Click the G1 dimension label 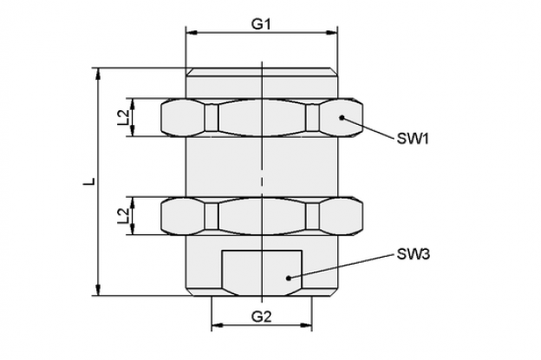click(x=261, y=25)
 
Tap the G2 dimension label click(x=261, y=316)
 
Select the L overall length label click(x=89, y=181)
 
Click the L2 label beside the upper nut click(x=123, y=117)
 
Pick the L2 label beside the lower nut click(x=123, y=216)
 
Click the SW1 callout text click(x=413, y=139)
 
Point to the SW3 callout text click(x=413, y=254)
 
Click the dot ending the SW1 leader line click(x=342, y=118)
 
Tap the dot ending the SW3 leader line click(x=289, y=278)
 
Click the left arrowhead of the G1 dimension click(x=192, y=33)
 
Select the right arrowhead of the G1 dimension click(x=331, y=33)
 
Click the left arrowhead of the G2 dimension click(x=217, y=325)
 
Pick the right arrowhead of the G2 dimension click(x=306, y=325)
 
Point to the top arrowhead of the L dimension click(x=98, y=74)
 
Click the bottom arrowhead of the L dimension click(x=98, y=290)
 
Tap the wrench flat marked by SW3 click(x=262, y=272)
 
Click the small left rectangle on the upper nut click(x=212, y=118)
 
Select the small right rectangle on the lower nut click(x=312, y=216)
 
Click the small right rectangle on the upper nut click(x=312, y=118)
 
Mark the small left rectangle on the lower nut click(x=212, y=216)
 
